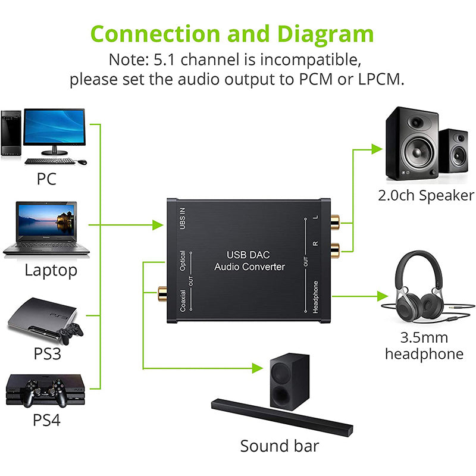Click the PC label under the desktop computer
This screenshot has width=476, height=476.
46,178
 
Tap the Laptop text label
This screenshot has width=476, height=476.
51,271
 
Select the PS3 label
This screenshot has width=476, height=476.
48,353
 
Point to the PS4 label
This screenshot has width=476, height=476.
47,420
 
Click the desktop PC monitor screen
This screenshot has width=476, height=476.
54,126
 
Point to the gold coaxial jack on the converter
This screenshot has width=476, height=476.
161,292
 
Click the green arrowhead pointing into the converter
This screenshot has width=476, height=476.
158,225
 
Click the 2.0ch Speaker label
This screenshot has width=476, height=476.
426,195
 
